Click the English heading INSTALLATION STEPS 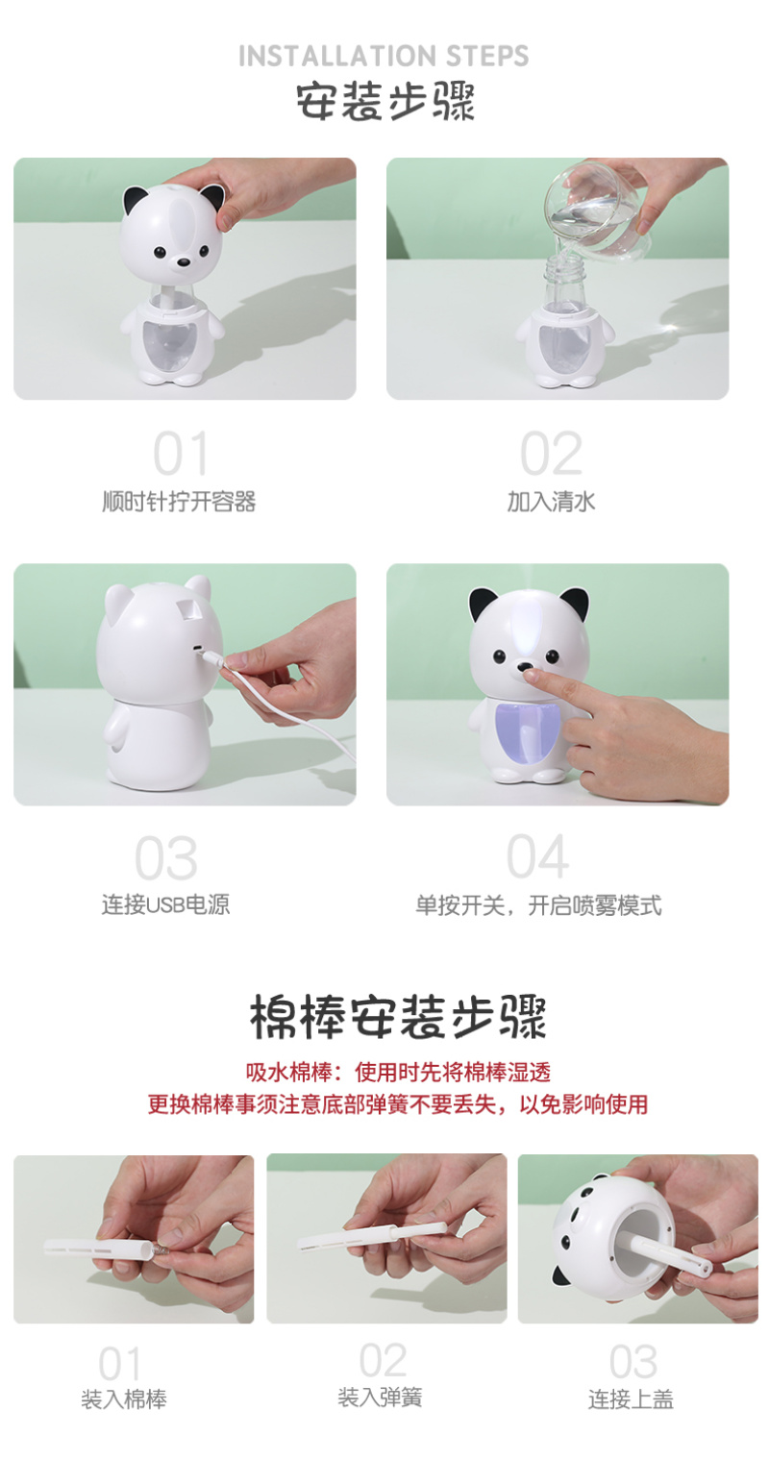coord(384,56)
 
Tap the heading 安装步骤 coord(385,101)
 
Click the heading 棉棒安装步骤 coord(398,1017)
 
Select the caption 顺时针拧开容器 coord(179,502)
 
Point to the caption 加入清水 coord(552,502)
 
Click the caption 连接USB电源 coord(165,904)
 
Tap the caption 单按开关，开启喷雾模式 coord(538,905)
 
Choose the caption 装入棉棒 coord(124,1398)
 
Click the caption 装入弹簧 coord(380,1397)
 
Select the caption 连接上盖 coord(631,1398)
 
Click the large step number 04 coord(537,856)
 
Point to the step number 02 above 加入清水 coord(552,454)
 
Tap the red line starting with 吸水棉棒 coord(398,1073)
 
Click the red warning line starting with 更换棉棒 coord(398,1104)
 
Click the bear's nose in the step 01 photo coord(185,262)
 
